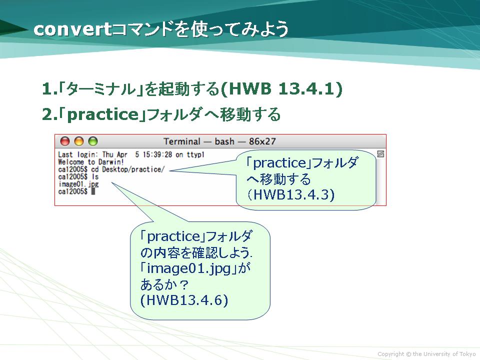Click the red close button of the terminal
(x=65, y=141)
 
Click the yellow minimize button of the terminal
(x=79, y=141)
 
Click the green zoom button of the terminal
(x=93, y=141)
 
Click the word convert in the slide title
(x=72, y=29)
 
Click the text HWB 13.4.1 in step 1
(x=281, y=89)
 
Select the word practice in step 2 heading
(x=103, y=115)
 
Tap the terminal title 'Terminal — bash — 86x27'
(x=219, y=141)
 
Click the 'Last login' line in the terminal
(x=131, y=154)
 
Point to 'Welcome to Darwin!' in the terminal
(x=91, y=162)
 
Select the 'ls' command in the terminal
(x=95, y=176)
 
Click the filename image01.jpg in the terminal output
(x=78, y=184)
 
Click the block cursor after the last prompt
(x=93, y=191)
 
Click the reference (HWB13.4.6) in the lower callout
(x=184, y=300)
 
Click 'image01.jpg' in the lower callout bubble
(x=188, y=268)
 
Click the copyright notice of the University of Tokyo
(x=426, y=354)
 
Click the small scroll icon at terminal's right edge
(x=380, y=154)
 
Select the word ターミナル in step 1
(x=101, y=89)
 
